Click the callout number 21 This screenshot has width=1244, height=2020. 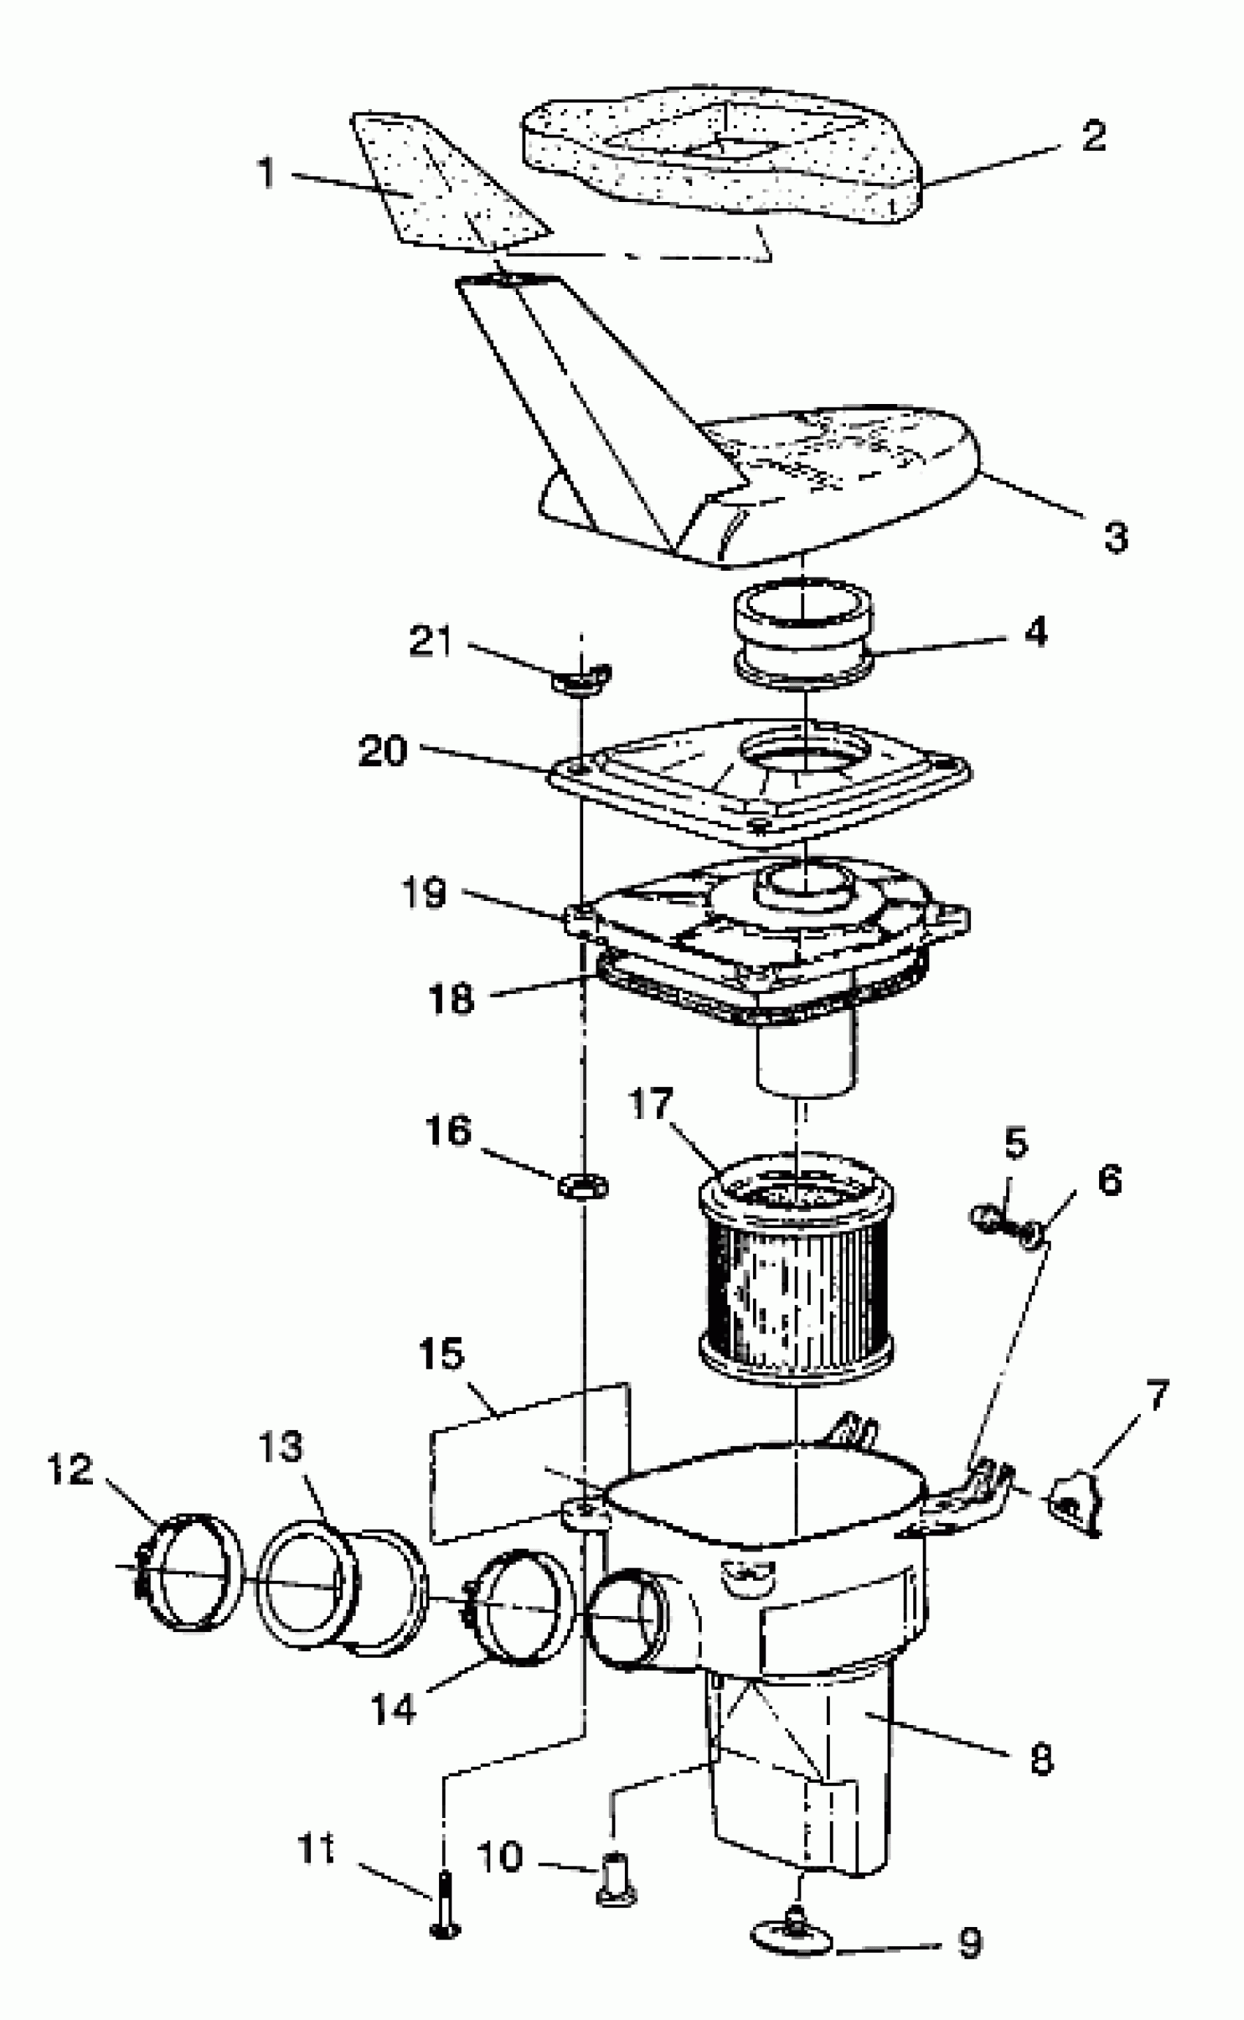point(431,641)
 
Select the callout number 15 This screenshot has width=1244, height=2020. point(442,1353)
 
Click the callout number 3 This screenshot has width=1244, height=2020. point(1116,537)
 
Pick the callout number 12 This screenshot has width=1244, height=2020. point(70,1470)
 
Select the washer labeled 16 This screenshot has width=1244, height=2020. point(583,1186)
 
